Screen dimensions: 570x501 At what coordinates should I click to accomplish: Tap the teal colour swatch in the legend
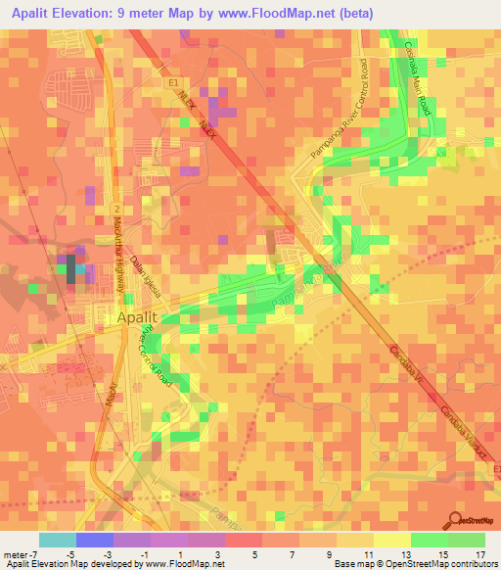point(58,540)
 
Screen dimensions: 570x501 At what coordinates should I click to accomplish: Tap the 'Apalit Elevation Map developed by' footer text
point(70,564)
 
